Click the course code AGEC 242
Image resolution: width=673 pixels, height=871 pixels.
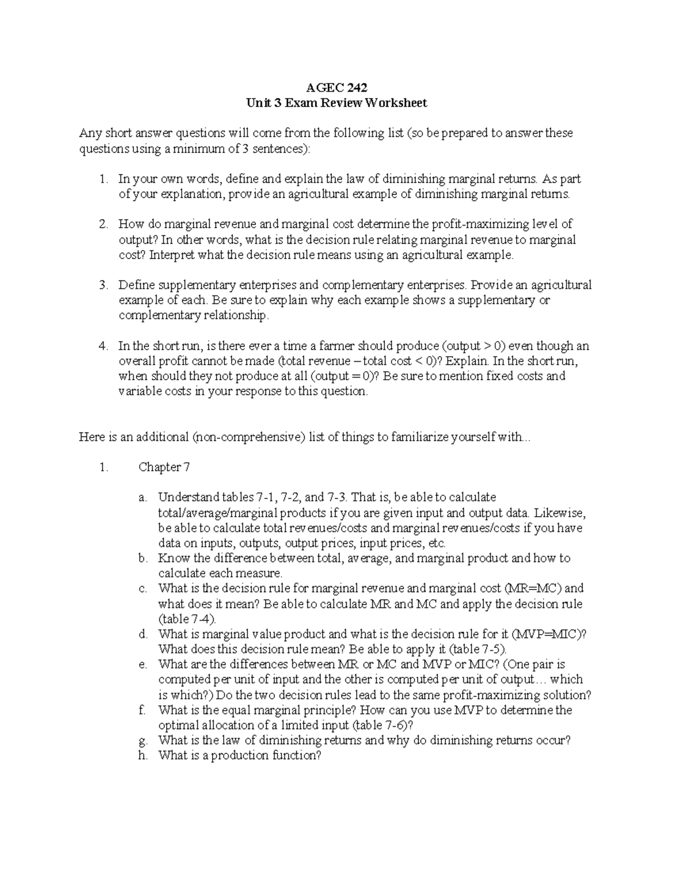coord(336,88)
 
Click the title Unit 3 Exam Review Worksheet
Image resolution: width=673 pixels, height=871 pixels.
coord(336,103)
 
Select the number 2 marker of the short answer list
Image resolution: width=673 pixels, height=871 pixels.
coord(103,225)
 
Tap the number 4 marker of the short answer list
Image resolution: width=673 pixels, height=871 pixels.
coord(103,346)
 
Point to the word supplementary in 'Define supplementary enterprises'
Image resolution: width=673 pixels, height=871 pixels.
coord(191,285)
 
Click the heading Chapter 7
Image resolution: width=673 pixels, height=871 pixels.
coord(160,468)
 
